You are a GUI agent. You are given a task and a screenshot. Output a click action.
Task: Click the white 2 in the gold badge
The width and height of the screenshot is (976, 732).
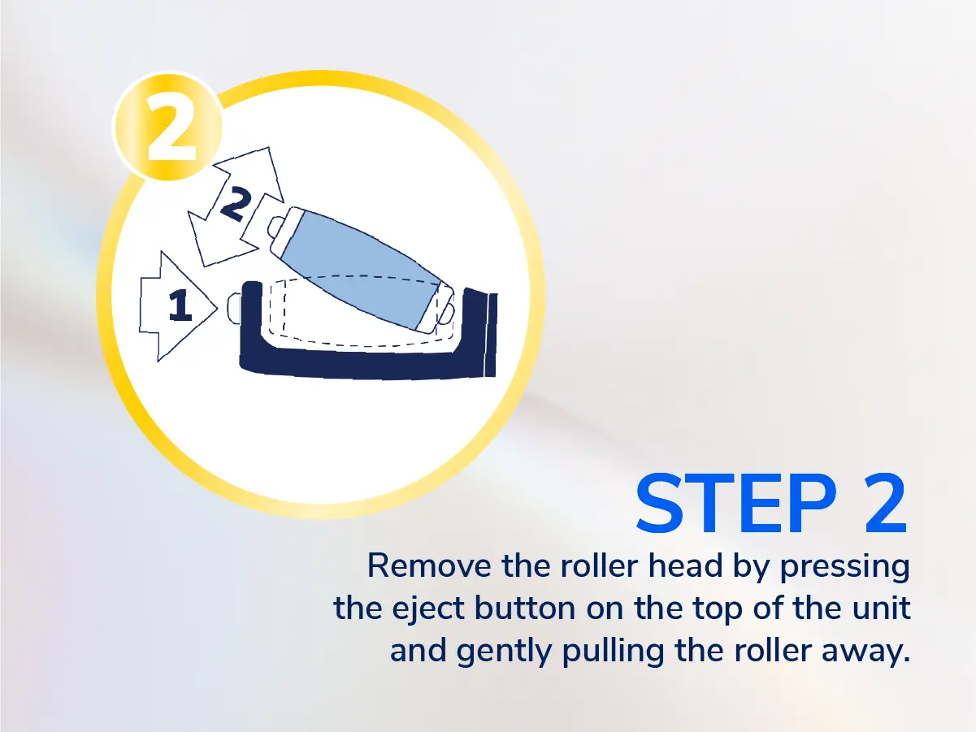(x=171, y=128)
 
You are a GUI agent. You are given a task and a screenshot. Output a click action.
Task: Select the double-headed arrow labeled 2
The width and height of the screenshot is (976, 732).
(x=236, y=206)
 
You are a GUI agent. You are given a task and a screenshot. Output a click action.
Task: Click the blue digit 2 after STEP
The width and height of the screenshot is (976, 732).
(x=885, y=505)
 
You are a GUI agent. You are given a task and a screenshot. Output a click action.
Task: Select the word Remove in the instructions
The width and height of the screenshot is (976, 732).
(x=429, y=566)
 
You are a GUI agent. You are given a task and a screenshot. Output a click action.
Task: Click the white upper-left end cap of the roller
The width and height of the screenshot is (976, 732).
(x=285, y=230)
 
